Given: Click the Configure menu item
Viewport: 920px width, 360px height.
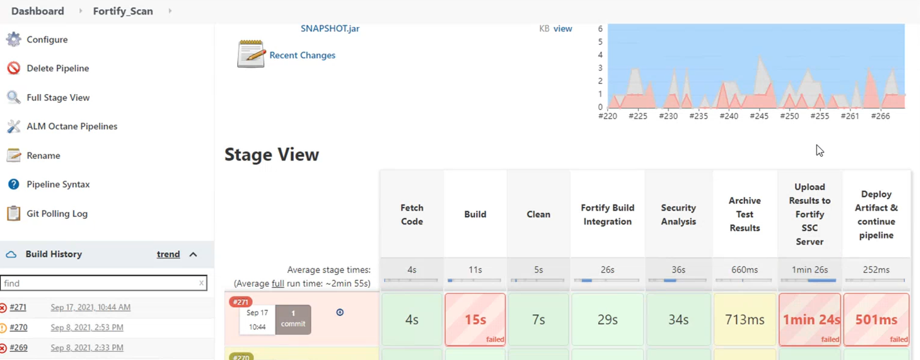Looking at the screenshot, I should pyautogui.click(x=46, y=40).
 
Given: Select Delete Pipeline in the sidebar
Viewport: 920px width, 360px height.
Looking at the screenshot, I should pyautogui.click(x=57, y=68).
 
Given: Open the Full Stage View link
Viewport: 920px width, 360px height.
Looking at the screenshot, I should pyautogui.click(x=58, y=98).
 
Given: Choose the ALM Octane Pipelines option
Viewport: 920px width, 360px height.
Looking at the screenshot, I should pyautogui.click(x=71, y=127).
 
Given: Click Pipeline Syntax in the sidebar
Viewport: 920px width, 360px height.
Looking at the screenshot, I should pyautogui.click(x=58, y=184).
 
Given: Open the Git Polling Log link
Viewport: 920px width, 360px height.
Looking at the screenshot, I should pyautogui.click(x=56, y=214).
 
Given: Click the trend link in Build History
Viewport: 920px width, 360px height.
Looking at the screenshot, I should pyautogui.click(x=168, y=255).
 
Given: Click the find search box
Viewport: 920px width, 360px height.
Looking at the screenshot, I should pyautogui.click(x=100, y=283).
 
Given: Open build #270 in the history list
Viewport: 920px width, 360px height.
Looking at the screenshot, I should pyautogui.click(x=18, y=327).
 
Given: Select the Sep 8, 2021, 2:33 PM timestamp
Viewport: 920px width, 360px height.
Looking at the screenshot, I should pyautogui.click(x=87, y=347).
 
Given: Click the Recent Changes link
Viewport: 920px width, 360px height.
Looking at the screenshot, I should pyautogui.click(x=302, y=55).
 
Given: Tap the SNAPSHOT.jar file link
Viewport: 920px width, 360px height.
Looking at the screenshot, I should pyautogui.click(x=330, y=28).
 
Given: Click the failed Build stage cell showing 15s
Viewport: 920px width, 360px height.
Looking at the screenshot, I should pyautogui.click(x=475, y=320).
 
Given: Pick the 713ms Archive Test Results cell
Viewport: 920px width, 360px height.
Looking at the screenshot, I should pyautogui.click(x=744, y=320).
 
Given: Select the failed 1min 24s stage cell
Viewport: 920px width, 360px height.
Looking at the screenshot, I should pyautogui.click(x=810, y=320).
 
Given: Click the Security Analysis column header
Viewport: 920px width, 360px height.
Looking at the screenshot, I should pyautogui.click(x=678, y=214).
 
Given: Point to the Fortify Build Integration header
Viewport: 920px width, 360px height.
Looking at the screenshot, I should pyautogui.click(x=607, y=214).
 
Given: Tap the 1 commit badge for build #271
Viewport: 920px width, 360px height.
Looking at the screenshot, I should pyautogui.click(x=293, y=319).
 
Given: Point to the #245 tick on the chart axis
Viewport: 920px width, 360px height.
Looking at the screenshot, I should pyautogui.click(x=759, y=116).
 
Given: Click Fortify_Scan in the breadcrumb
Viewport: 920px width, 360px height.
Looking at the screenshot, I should pyautogui.click(x=122, y=11).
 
